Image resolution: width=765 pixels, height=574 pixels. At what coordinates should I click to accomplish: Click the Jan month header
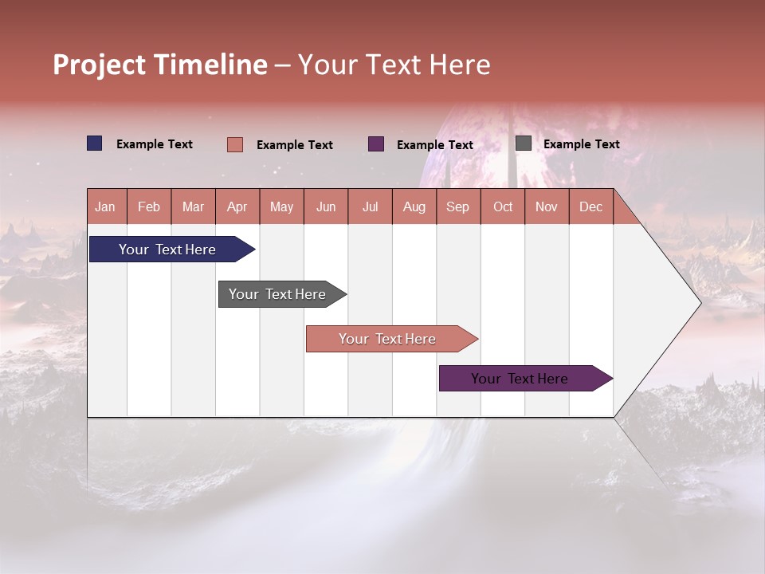pos(105,206)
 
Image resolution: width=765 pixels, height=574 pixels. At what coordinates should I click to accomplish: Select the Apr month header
pos(237,206)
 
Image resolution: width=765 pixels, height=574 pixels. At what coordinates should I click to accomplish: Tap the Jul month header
pos(370,206)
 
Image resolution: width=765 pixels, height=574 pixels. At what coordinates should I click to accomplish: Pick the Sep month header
pos(457,206)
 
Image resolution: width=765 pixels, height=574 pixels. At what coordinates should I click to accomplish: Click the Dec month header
pos(590,206)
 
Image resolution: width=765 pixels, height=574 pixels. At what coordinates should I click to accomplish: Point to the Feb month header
pos(149,206)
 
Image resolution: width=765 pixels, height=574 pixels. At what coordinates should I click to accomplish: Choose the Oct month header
pos(503,206)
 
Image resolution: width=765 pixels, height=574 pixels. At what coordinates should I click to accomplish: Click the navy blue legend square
pos(95,143)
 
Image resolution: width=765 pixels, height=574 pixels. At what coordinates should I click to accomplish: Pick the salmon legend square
pos(235,144)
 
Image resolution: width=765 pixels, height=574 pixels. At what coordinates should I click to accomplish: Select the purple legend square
pos(376,144)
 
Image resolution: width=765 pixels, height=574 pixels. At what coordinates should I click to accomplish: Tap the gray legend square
pos(524,143)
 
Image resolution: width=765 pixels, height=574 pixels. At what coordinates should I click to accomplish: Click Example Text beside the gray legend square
pos(581,144)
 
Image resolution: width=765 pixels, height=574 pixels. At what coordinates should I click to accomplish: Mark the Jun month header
pos(326,206)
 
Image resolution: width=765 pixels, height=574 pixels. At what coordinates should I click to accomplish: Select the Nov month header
pos(547,206)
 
